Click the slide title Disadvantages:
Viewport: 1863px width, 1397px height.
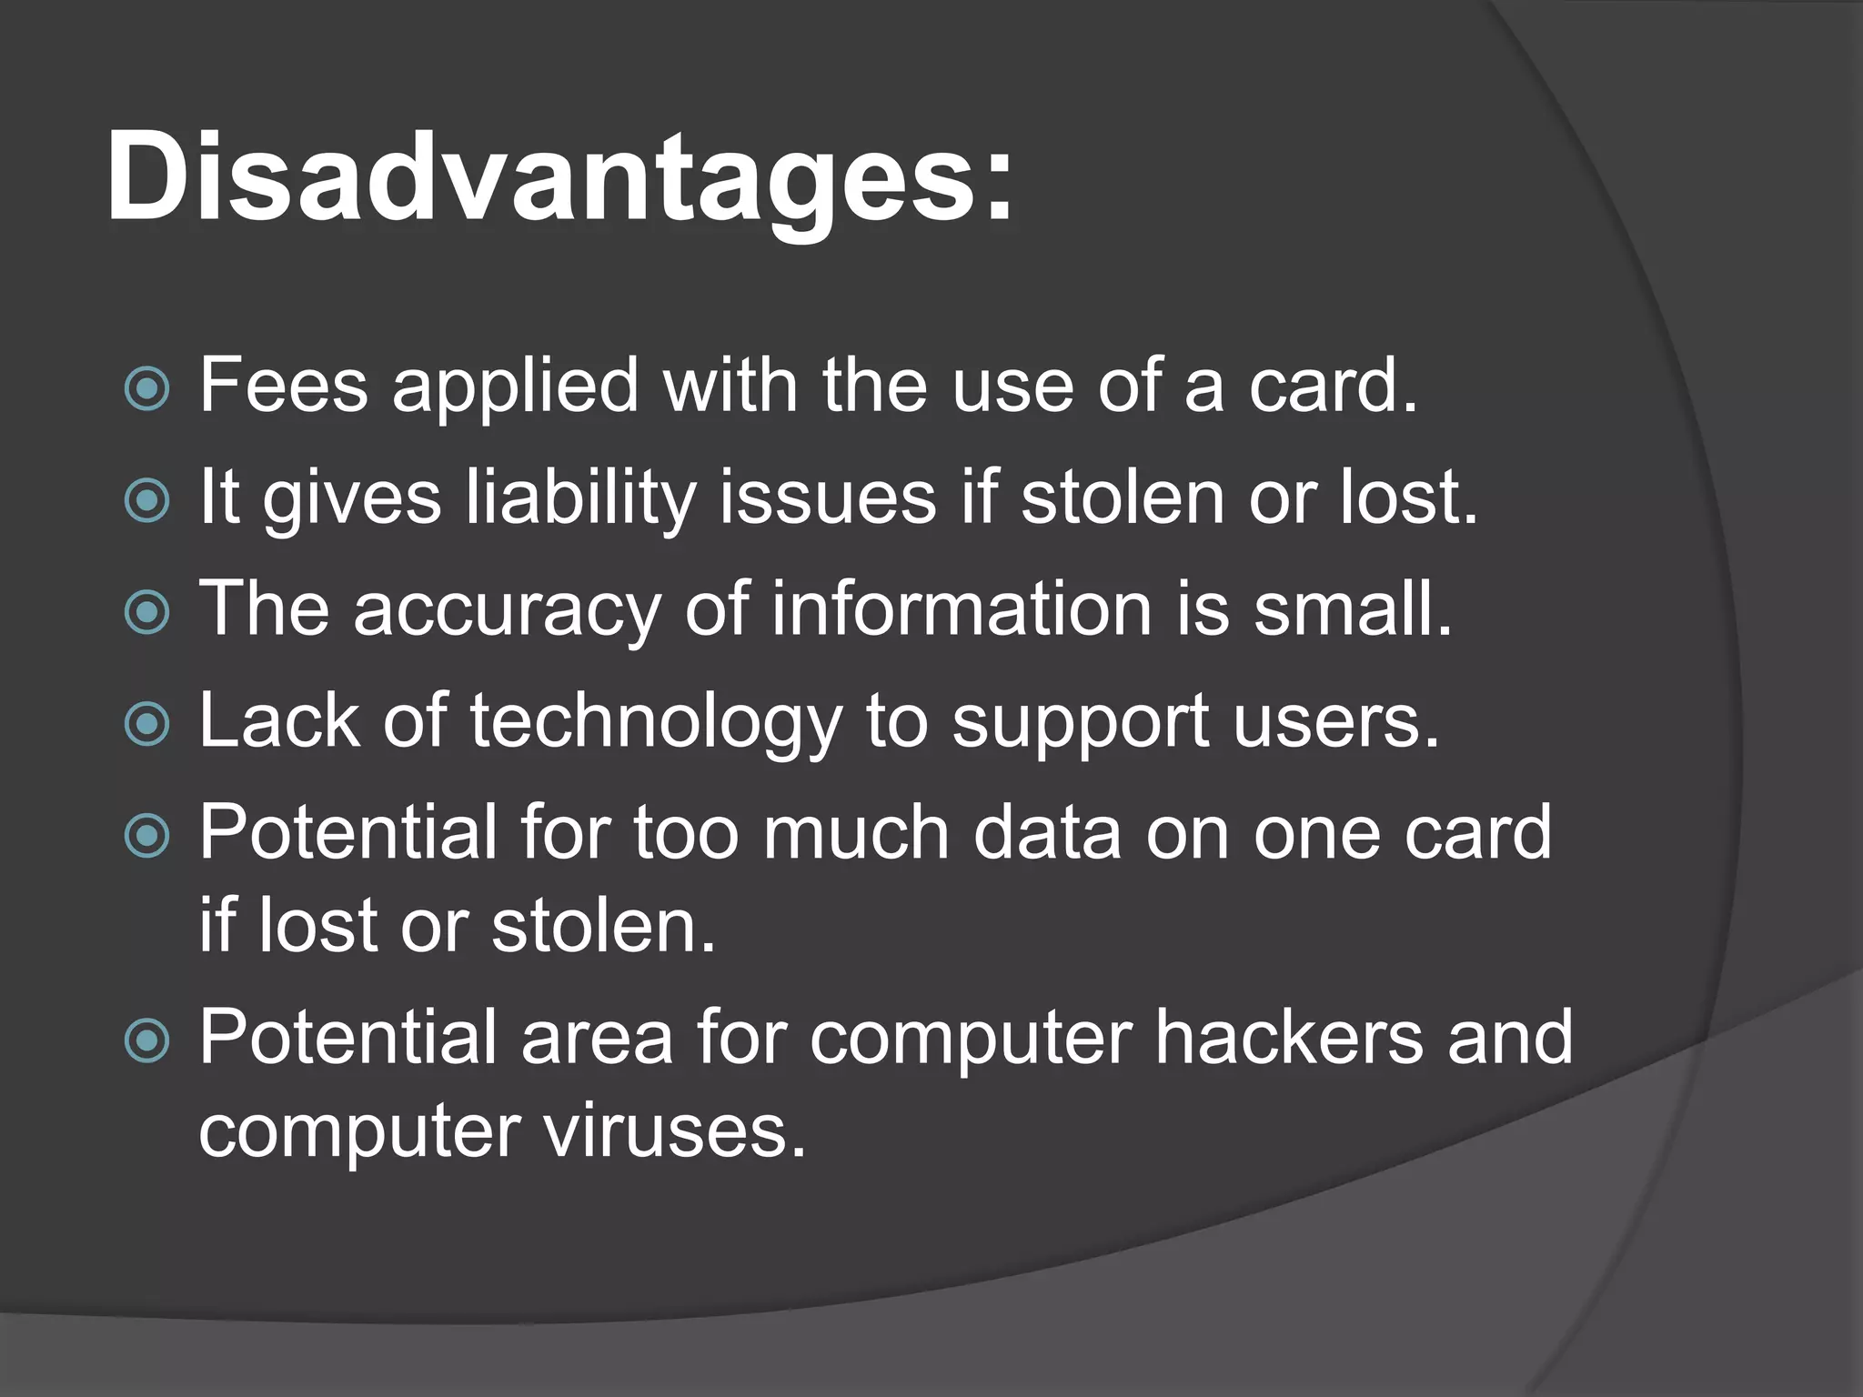559,177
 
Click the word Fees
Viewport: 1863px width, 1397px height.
284,386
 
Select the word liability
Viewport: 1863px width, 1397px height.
580,499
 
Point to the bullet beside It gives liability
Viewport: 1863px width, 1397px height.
146,500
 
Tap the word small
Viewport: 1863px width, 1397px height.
1353,608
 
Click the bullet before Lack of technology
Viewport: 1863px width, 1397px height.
146,724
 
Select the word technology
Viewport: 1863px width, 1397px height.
656,723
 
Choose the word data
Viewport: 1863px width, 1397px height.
1047,832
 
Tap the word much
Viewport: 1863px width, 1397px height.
856,832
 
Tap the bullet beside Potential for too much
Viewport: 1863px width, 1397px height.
146,836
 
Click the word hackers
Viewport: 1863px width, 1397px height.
1289,1037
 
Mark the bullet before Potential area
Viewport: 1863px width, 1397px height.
146,1040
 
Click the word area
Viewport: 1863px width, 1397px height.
597,1039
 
